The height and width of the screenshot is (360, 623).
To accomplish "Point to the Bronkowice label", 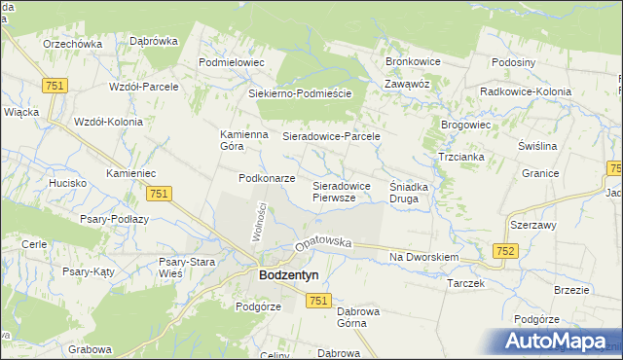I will tap(413, 61).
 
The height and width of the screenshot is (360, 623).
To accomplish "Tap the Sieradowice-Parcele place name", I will tap(330, 137).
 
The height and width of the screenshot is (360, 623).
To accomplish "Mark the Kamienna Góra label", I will tap(244, 140).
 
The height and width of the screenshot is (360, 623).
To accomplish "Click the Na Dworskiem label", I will tap(423, 257).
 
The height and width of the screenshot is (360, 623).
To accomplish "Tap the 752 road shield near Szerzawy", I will tap(504, 250).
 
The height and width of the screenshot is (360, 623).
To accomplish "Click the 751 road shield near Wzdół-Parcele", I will tap(54, 86).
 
